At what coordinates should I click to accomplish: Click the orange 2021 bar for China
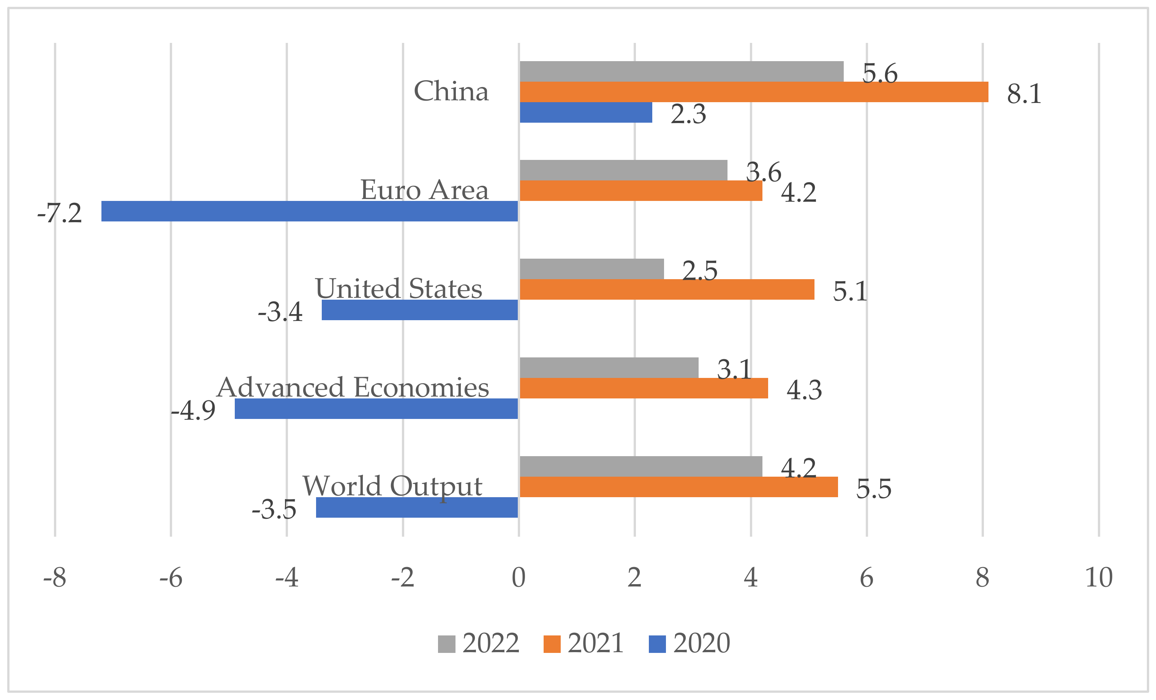click(x=753, y=92)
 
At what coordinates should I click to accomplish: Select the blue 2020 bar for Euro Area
click(x=310, y=211)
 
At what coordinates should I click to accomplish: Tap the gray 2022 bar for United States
click(x=591, y=269)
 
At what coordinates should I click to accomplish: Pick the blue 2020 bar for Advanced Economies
click(x=376, y=409)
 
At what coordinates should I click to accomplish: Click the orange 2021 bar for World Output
click(x=678, y=487)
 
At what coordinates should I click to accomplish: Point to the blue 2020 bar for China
click(x=585, y=112)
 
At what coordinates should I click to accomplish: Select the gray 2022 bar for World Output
click(x=641, y=466)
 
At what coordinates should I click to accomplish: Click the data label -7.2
click(x=60, y=213)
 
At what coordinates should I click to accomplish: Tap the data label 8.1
click(x=1024, y=94)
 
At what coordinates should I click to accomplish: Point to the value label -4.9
click(x=193, y=411)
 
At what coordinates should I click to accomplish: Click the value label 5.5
click(x=874, y=489)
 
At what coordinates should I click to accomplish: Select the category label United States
click(x=399, y=289)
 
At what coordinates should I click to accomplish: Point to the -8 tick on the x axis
click(x=55, y=578)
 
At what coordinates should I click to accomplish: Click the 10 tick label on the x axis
click(x=1099, y=578)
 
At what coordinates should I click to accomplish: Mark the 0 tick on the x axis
click(x=519, y=578)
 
